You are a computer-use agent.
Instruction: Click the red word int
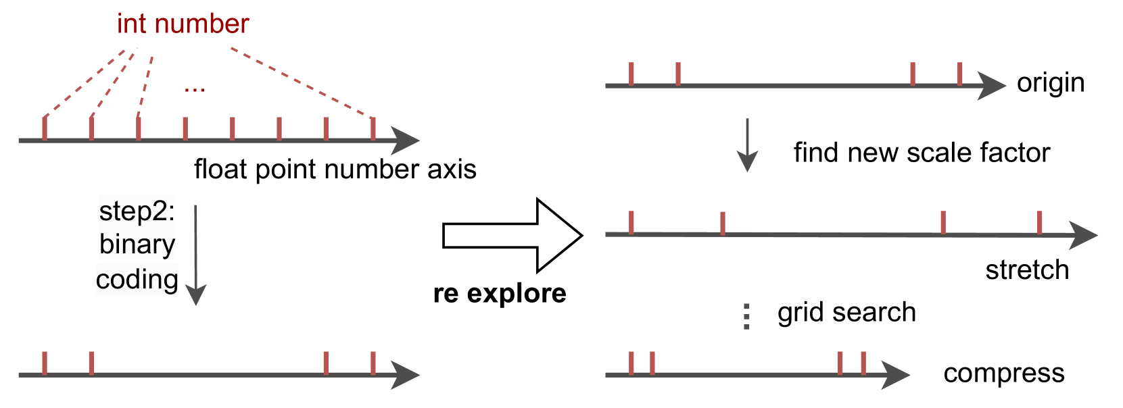click(131, 24)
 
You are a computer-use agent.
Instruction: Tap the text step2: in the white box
click(137, 211)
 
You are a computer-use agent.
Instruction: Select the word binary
click(137, 245)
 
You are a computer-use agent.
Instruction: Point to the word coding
click(137, 280)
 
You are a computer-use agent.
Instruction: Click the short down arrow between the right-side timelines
click(747, 146)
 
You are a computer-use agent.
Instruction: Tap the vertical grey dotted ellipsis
click(746, 316)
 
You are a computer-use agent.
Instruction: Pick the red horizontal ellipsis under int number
click(194, 89)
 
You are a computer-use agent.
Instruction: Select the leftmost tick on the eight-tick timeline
click(45, 128)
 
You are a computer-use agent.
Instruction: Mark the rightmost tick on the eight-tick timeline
click(373, 128)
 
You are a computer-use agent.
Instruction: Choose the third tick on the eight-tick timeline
click(139, 128)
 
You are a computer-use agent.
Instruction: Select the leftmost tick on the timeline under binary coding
click(45, 363)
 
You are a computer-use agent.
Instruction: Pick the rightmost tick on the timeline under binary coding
click(373, 363)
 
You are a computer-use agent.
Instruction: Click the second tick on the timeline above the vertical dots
click(723, 223)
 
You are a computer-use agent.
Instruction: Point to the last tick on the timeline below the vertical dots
click(863, 363)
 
